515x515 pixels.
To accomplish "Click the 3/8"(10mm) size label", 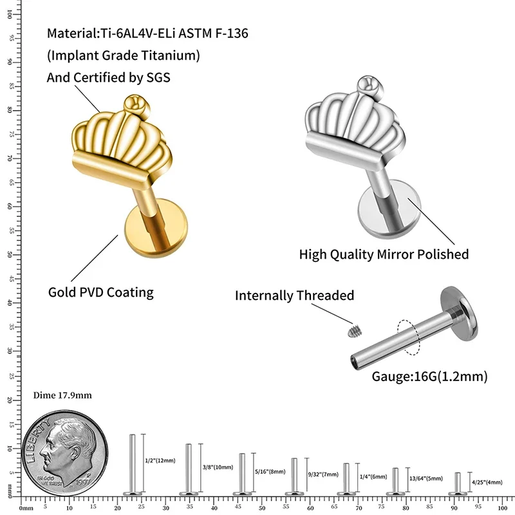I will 217,466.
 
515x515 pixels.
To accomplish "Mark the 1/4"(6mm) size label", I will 373,476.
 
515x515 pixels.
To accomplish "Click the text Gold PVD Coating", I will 101,292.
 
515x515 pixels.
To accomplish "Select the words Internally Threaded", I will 294,295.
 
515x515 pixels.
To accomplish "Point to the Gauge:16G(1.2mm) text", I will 429,376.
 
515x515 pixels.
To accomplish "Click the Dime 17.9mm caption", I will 62,395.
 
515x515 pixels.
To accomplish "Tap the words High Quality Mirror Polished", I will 384,254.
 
